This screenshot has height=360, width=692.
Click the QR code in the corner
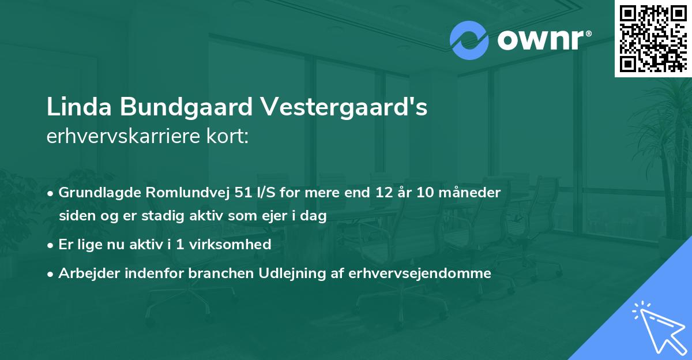pyautogui.click(x=653, y=38)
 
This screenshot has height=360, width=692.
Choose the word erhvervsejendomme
pyautogui.click(x=420, y=273)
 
